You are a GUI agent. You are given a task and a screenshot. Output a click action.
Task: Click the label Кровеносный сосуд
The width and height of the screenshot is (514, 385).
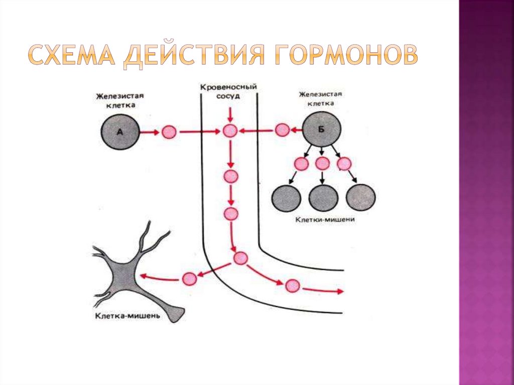pyautogui.click(x=228, y=91)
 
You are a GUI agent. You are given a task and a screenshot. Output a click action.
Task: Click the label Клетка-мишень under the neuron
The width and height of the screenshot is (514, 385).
pyautogui.click(x=127, y=316)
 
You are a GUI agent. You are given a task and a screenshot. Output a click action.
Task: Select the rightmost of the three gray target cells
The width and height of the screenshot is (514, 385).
pyautogui.click(x=360, y=197)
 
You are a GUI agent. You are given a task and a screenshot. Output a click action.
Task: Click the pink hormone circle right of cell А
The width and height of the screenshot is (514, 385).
pyautogui.click(x=169, y=133)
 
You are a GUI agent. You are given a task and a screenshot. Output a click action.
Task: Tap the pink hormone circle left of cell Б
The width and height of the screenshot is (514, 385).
pyautogui.click(x=282, y=130)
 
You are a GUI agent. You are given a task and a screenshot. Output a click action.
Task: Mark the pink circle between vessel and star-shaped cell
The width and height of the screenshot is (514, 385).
pyautogui.click(x=190, y=278)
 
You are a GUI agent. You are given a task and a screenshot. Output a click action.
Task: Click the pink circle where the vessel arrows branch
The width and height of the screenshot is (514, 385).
pyautogui.click(x=240, y=258)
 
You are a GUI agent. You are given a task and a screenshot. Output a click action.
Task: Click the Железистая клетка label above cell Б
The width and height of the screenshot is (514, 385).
pyautogui.click(x=320, y=98)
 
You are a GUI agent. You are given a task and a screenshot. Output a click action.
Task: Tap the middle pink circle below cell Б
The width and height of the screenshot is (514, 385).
pyautogui.click(x=322, y=164)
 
